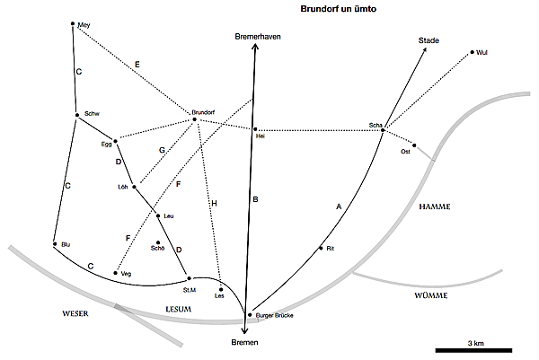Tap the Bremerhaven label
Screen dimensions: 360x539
pos(255,36)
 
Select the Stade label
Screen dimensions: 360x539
pos(429,40)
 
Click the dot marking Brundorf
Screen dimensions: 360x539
pos(193,119)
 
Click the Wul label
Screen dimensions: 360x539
pos(482,53)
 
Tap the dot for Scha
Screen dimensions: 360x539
pos(382,131)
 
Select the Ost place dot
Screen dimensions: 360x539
pos(414,145)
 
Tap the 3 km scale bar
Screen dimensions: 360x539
pos(473,348)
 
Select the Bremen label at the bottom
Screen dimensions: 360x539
pos(244,344)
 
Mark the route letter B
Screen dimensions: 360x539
pos(255,200)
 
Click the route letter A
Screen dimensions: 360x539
pos(338,206)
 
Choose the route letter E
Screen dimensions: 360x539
pos(137,65)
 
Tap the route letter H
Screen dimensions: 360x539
pos(214,204)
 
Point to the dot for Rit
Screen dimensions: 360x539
pos(321,248)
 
